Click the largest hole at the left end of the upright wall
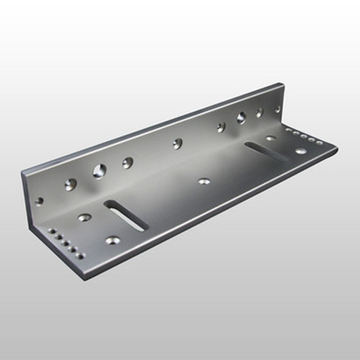pyautogui.click(x=99, y=171)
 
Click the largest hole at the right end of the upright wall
pyautogui.click(x=241, y=118)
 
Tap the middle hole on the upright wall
pyautogui.click(x=177, y=143)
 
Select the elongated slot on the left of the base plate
pyautogui.click(x=126, y=215)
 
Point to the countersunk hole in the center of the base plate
pyautogui.click(x=204, y=181)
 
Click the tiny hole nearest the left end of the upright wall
pyautogui.click(x=39, y=200)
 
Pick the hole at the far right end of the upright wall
pyautogui.click(x=278, y=109)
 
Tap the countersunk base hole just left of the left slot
pyautogui.click(x=84, y=217)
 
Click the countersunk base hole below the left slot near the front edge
pyautogui.click(x=112, y=240)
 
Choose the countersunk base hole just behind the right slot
pyautogui.click(x=270, y=138)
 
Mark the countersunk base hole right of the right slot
pyautogui.click(x=300, y=151)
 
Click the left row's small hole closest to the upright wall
pyautogui.click(x=50, y=230)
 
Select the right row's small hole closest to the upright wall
pyautogui.click(x=287, y=130)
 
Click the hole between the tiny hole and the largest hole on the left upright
pyautogui.click(x=69, y=184)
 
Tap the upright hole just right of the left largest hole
pyautogui.click(x=127, y=163)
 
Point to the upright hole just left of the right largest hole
pyautogui.click(x=221, y=127)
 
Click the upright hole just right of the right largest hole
pyautogui.click(x=260, y=113)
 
